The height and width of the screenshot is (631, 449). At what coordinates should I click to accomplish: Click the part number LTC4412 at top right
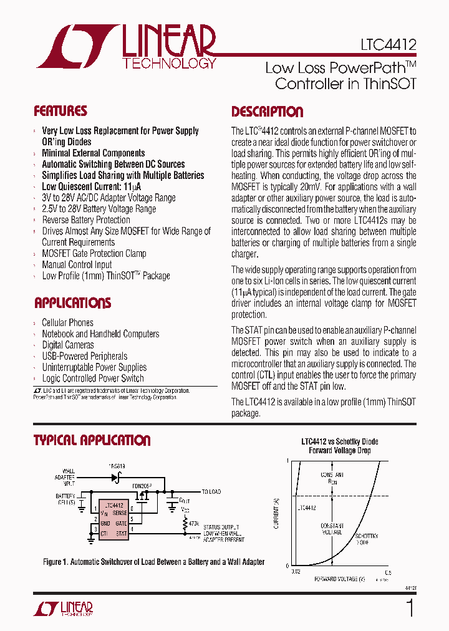pos(387,46)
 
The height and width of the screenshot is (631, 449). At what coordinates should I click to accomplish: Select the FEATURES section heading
pos(60,112)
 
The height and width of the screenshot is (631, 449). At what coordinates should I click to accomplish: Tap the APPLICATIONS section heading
pos(72,304)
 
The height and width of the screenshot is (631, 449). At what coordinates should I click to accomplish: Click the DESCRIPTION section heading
pos(268,112)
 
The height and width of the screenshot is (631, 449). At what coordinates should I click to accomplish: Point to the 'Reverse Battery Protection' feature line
pos(86,219)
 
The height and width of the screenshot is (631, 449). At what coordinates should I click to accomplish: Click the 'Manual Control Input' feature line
pos(77,264)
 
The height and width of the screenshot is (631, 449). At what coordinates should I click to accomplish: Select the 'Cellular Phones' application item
pos(67,322)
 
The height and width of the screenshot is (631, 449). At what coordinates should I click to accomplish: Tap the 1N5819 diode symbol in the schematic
pos(116,478)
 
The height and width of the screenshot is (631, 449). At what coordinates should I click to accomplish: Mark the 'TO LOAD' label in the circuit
pos(211,492)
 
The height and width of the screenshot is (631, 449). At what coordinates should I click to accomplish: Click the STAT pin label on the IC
pos(120,534)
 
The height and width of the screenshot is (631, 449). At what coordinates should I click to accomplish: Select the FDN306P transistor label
pos(142,483)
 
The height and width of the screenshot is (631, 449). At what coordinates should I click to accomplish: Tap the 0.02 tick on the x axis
pos(295,572)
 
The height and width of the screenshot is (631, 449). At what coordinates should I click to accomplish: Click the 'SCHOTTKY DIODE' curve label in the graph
pos(366,539)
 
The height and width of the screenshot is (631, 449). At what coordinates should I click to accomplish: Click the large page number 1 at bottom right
pos(409,608)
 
